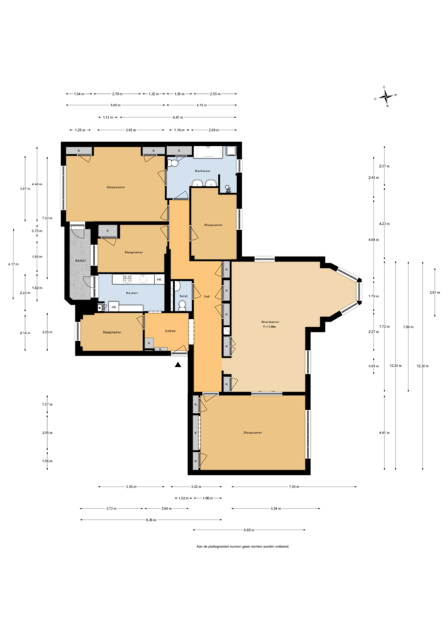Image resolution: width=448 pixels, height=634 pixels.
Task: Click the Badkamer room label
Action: pyautogui.click(x=203, y=171)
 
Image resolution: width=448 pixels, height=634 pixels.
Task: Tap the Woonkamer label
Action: pyautogui.click(x=270, y=322)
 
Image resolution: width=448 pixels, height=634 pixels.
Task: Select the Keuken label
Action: pyautogui.click(x=132, y=293)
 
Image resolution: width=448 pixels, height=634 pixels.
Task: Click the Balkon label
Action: pyautogui.click(x=80, y=261)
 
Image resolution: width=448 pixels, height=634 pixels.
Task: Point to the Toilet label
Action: pyautogui.click(x=183, y=296)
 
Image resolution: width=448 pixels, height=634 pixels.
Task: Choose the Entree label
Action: pyautogui.click(x=170, y=331)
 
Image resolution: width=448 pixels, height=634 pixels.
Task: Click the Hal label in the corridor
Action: pyautogui.click(x=207, y=297)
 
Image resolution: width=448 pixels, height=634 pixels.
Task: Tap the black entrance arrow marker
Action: pyautogui.click(x=178, y=365)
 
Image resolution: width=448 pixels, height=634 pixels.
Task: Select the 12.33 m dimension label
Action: pyautogui.click(x=396, y=366)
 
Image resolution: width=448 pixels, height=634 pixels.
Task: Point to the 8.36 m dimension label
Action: pyautogui.click(x=151, y=520)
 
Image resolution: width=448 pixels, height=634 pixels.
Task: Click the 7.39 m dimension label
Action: pyautogui.click(x=294, y=487)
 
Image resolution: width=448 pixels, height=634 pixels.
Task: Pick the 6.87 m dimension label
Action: pyautogui.click(x=178, y=117)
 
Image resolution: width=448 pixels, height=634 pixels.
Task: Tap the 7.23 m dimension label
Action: pyautogui.click(x=47, y=218)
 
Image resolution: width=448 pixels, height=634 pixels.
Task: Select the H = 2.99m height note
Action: pyautogui.click(x=270, y=327)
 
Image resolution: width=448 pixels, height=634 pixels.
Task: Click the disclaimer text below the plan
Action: pyautogui.click(x=243, y=546)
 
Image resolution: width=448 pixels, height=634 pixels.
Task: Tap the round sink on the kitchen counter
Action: pyautogui.click(x=143, y=279)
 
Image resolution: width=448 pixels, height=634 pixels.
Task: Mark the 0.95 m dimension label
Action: pyautogui.click(x=374, y=366)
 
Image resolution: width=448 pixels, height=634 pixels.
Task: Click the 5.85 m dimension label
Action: pyautogui.click(x=115, y=105)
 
